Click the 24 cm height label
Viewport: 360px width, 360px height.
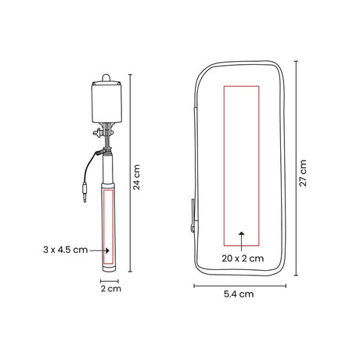[x=137, y=177]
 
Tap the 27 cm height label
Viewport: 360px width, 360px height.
[x=303, y=173]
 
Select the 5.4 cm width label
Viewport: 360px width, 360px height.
[x=239, y=294]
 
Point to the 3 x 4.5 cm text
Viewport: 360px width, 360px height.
[x=66, y=250]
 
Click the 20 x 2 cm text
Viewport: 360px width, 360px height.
[x=243, y=258]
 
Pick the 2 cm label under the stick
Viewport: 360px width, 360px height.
[x=111, y=289]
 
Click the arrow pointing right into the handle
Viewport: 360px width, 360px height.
[x=99, y=250]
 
